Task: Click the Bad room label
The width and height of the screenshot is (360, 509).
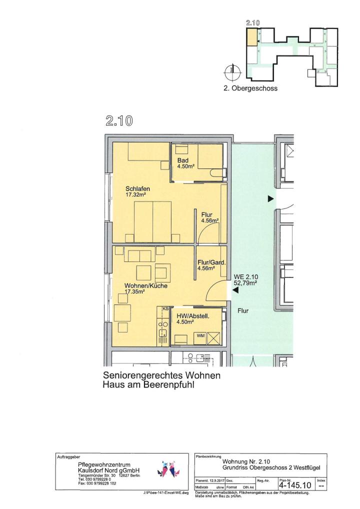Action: click(x=183, y=160)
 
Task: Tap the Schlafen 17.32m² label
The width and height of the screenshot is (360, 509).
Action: click(x=137, y=191)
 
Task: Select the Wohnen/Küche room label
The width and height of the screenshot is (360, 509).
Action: click(x=146, y=285)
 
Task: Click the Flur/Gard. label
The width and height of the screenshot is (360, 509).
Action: click(x=211, y=262)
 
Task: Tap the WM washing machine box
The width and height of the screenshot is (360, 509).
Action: click(x=200, y=335)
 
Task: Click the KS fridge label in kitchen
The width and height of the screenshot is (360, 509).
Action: click(x=165, y=308)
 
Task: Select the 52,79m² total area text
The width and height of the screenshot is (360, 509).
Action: click(x=245, y=282)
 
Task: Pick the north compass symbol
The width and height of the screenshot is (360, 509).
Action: click(x=232, y=71)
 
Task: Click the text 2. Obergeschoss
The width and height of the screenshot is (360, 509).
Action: click(x=250, y=88)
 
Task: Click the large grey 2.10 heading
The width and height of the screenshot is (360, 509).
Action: click(x=119, y=121)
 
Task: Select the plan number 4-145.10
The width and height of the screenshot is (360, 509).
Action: click(x=295, y=485)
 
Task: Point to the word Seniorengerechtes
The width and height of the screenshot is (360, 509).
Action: click(x=142, y=375)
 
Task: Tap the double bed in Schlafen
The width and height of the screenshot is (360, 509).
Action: click(x=152, y=221)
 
